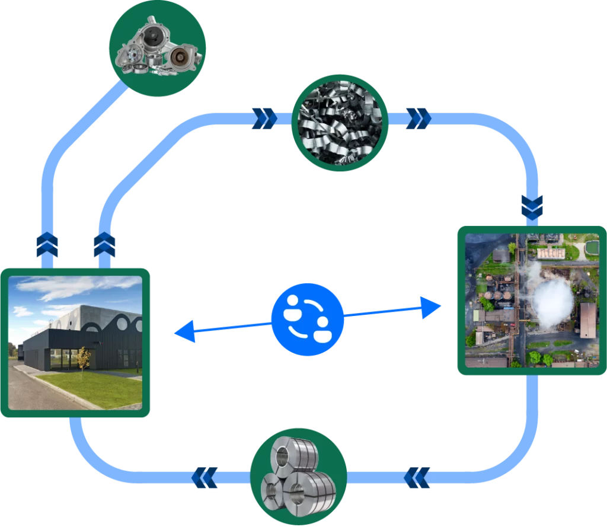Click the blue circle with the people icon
(308, 320)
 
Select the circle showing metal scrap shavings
(340, 122)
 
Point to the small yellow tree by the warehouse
(84, 358)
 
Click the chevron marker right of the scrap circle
(418, 118)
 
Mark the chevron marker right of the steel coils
(417, 477)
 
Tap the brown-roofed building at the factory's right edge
(588, 320)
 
